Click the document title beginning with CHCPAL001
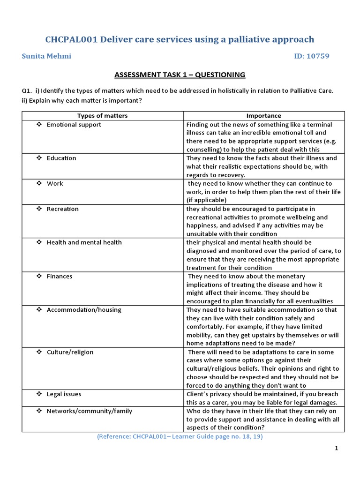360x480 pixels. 180,39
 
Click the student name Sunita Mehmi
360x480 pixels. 47,56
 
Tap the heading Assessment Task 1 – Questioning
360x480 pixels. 180,75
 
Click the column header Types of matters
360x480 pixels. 102,116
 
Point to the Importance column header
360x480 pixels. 264,116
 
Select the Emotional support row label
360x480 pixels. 74,125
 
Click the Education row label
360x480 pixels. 61,158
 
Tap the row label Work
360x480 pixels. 55,184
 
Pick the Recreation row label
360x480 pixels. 63,209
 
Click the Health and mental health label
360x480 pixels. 84,242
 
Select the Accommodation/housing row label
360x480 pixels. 84,310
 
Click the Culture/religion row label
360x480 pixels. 70,352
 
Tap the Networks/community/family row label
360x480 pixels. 90,411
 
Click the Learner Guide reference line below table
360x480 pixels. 180,436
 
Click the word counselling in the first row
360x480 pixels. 205,150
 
